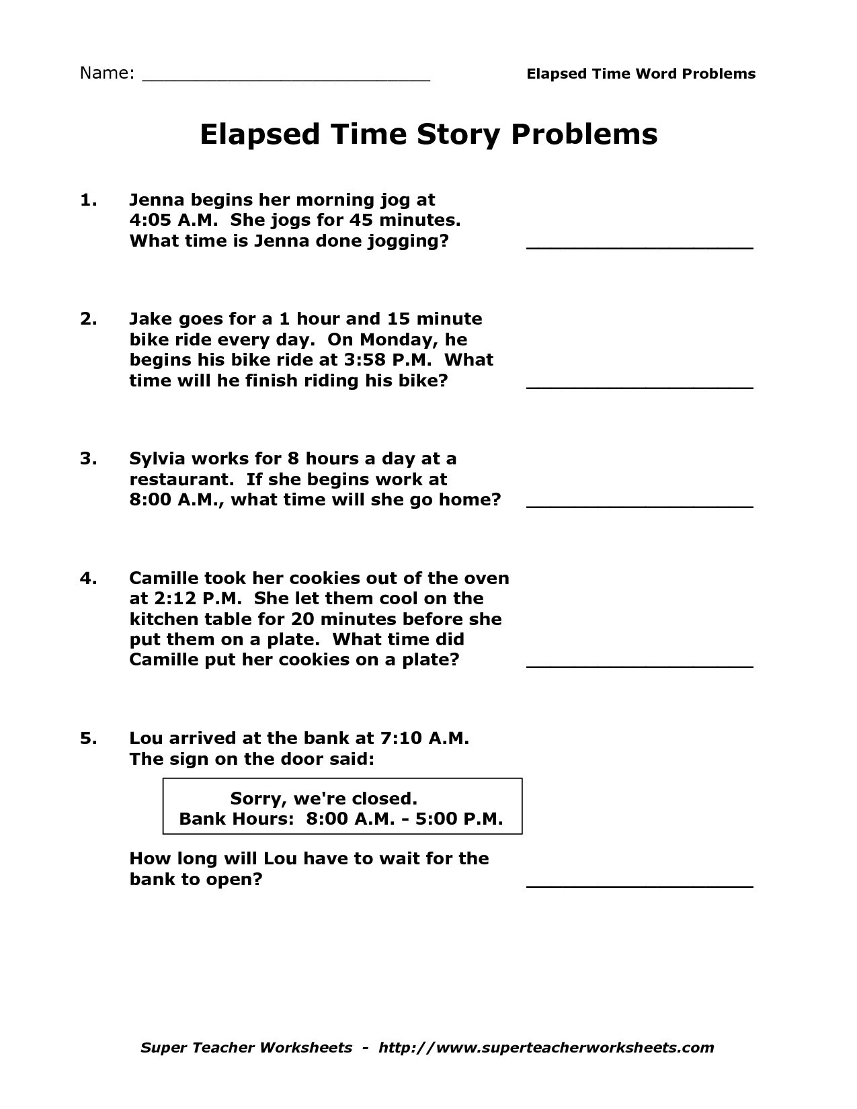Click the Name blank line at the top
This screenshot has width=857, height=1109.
pyautogui.click(x=286, y=79)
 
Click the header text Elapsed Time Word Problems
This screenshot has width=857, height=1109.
pyautogui.click(x=641, y=74)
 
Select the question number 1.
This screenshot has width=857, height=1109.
pyautogui.click(x=89, y=200)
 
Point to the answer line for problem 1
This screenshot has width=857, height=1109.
pyautogui.click(x=639, y=247)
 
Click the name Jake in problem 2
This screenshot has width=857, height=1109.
pyautogui.click(x=151, y=319)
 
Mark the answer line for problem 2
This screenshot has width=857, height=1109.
pyautogui.click(x=639, y=387)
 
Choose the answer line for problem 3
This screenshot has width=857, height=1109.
pyautogui.click(x=639, y=506)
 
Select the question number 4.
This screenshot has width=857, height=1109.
pyautogui.click(x=89, y=578)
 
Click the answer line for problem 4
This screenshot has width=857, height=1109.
pyautogui.click(x=639, y=666)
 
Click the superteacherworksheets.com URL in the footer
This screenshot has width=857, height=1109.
pyautogui.click(x=546, y=1047)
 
